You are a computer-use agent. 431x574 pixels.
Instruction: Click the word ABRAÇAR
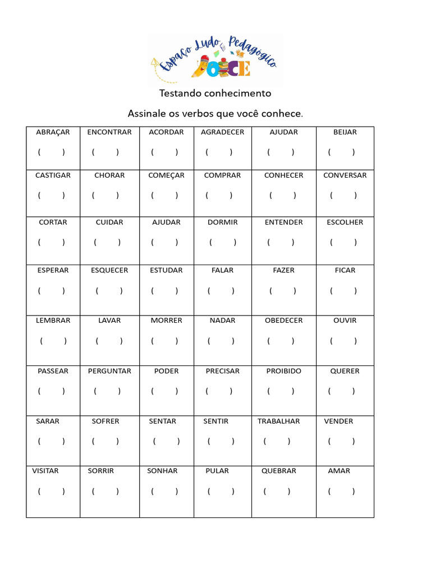[53, 132]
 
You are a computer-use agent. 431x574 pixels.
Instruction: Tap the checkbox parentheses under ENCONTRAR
[105, 152]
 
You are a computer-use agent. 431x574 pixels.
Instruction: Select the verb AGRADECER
[222, 132]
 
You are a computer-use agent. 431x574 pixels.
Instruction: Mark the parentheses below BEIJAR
[341, 152]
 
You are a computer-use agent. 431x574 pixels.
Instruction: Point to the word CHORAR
[109, 175]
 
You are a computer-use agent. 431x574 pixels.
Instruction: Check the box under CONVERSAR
[343, 196]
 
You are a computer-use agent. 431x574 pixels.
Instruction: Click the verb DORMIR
[222, 223]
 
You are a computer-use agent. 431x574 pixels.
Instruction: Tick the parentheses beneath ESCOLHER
[343, 243]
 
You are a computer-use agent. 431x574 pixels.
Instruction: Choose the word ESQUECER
[109, 270]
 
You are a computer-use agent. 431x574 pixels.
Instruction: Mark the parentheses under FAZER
[282, 291]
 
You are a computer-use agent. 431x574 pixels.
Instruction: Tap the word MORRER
[166, 321]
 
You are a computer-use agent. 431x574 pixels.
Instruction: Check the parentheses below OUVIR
[343, 341]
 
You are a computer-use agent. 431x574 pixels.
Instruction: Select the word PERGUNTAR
[109, 371]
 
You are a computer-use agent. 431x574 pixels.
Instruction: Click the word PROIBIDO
[283, 371]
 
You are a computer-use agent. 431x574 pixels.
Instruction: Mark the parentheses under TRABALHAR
[277, 441]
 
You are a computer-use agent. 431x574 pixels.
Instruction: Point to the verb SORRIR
[100, 471]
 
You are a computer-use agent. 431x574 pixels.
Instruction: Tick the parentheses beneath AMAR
[341, 492]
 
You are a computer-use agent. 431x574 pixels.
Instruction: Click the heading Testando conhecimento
[215, 93]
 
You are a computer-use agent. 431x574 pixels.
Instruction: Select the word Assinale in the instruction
[145, 114]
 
